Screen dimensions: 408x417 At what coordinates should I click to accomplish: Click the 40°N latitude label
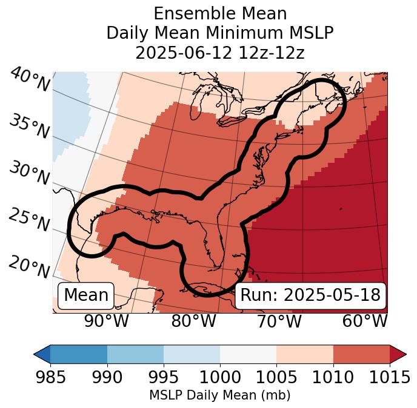[x=30, y=81]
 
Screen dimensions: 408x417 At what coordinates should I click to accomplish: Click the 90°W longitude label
[x=106, y=321]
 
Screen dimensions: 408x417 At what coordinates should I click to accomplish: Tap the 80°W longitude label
[x=193, y=321]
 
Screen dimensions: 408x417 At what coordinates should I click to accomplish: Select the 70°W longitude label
[x=279, y=321]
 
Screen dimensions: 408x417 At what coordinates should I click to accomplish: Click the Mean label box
[x=86, y=295]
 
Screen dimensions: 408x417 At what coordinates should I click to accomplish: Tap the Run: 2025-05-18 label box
[x=310, y=295]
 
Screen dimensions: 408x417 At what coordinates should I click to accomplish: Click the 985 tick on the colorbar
[x=50, y=377]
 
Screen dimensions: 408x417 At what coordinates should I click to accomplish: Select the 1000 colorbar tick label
[x=219, y=377]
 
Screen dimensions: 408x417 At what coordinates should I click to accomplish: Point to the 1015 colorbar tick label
[x=389, y=377]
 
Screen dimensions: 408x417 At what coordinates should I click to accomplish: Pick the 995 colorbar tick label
[x=163, y=377]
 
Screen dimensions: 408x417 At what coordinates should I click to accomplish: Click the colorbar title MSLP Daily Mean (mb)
[x=219, y=395]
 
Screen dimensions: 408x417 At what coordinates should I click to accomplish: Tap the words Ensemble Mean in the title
[x=219, y=13]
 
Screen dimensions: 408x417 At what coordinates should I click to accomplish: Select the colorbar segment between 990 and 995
[x=135, y=354]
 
